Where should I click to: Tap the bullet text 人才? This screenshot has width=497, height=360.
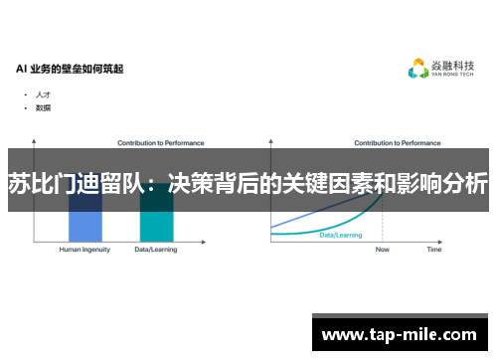43,94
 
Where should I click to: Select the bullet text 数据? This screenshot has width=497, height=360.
43,106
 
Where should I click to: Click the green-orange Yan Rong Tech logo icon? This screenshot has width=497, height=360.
418,69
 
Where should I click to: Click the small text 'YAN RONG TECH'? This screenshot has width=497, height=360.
452,77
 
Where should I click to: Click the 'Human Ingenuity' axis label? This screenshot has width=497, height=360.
83,250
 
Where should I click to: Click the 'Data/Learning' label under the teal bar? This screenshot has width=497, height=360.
156,250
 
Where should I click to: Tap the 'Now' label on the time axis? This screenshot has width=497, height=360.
383,250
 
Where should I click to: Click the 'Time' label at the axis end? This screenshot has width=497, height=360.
434,250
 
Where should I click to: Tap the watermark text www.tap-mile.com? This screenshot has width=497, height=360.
400,335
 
